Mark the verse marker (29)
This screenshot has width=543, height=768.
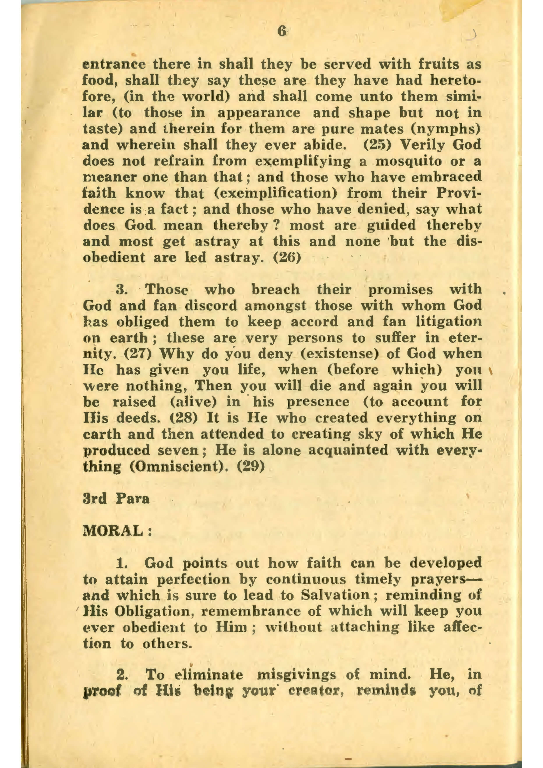tap(251, 467)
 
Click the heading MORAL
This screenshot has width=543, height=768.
tap(117, 531)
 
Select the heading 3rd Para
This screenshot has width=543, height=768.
tap(116, 499)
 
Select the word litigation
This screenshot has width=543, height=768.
tap(448, 322)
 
